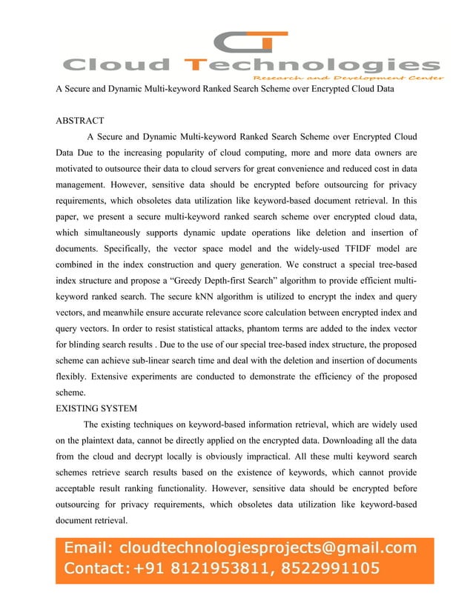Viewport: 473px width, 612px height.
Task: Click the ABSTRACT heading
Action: coord(80,120)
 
